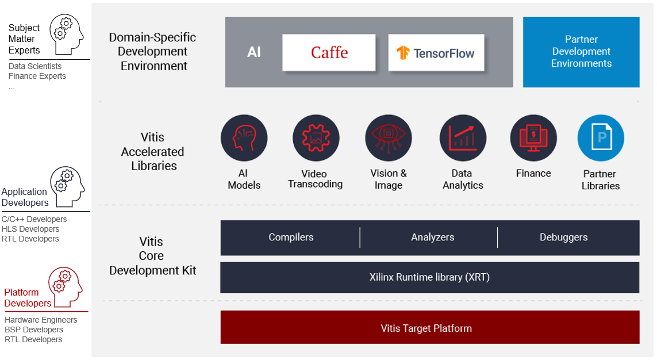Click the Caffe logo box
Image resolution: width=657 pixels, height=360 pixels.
(329, 52)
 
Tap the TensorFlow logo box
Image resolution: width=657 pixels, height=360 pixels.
(436, 52)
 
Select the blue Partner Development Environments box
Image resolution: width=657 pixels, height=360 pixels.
(581, 52)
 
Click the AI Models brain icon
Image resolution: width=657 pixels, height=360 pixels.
(244, 138)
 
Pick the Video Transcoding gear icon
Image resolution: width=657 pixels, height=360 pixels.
(316, 138)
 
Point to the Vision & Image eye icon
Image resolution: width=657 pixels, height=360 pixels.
(389, 138)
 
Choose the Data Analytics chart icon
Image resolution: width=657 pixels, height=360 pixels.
(463, 138)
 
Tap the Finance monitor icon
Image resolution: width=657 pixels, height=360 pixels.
(533, 138)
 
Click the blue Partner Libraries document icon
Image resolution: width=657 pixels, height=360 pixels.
(601, 138)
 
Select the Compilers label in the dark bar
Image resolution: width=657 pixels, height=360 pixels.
(291, 237)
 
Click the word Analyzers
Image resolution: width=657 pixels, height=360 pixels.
(432, 237)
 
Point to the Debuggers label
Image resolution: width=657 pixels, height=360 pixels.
(563, 237)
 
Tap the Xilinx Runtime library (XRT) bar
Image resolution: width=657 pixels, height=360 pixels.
(429, 277)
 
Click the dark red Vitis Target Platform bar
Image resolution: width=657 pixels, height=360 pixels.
(430, 327)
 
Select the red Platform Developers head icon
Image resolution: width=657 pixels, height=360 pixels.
(66, 286)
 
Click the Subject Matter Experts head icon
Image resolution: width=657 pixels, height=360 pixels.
(67, 35)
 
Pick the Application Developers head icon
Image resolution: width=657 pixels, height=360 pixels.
(67, 186)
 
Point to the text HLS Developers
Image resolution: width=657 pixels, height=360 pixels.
(30, 229)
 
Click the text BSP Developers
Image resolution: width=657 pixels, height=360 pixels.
(34, 330)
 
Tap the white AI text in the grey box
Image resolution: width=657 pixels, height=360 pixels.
(254, 52)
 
